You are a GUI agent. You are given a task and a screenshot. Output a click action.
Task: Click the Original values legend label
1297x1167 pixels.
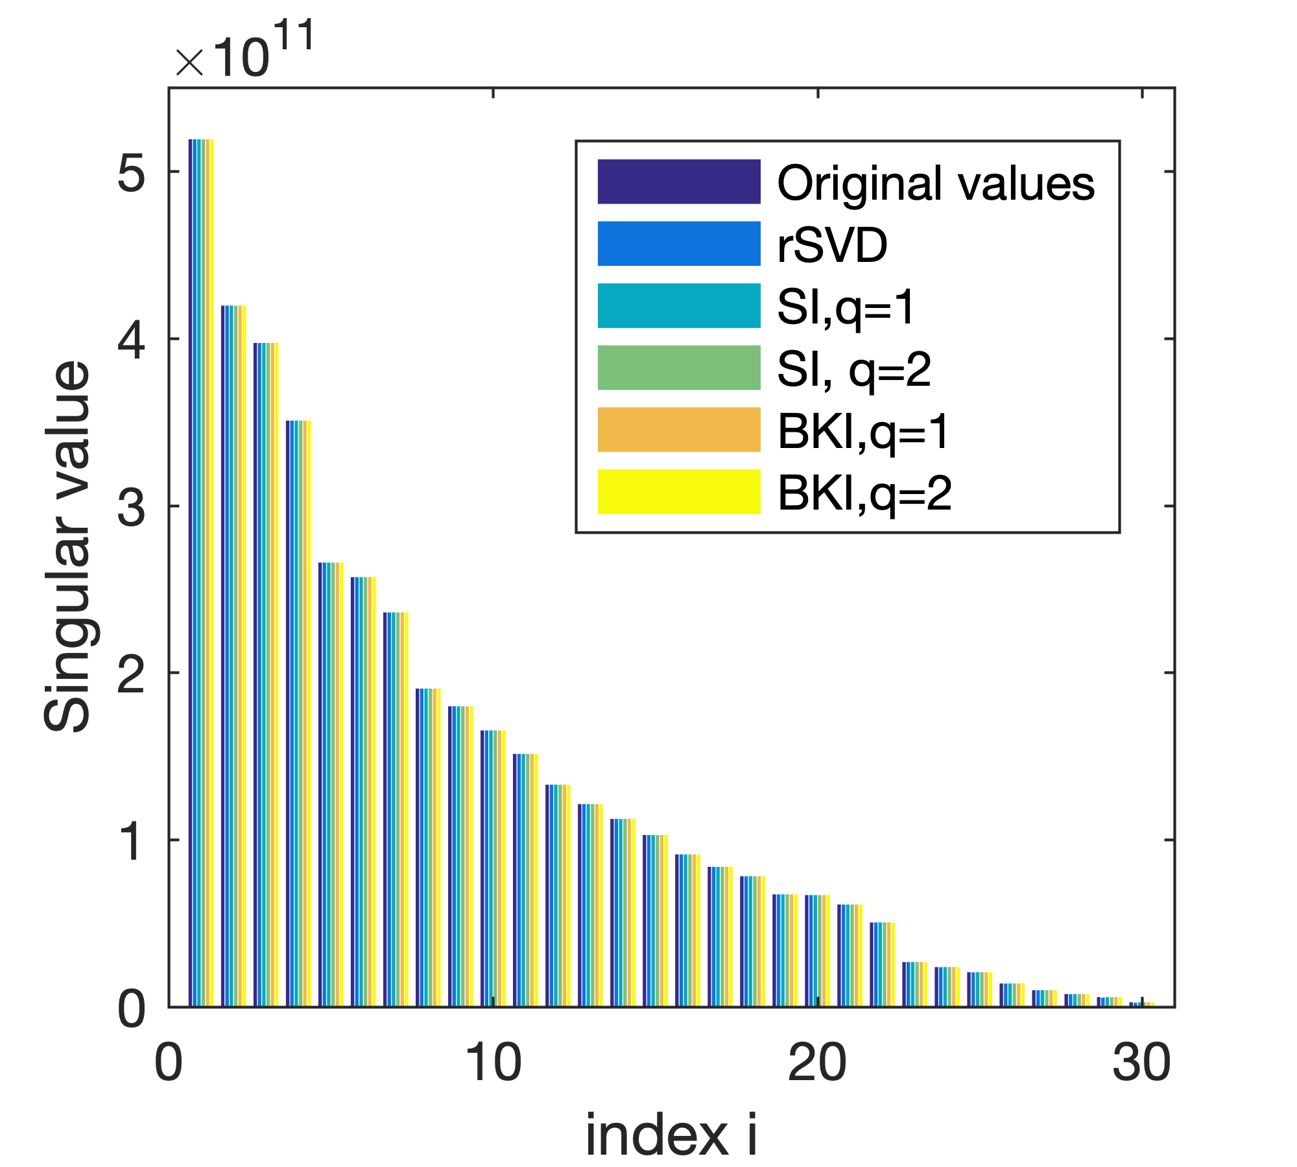pos(935,183)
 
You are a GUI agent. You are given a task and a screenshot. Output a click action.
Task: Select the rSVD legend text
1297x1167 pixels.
pos(832,246)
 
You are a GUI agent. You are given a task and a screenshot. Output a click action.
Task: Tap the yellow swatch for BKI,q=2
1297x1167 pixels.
pos(678,491)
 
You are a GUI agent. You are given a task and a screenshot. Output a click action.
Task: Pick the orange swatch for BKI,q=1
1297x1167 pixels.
pos(678,429)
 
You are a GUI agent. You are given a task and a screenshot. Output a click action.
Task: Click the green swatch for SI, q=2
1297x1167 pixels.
pos(678,368)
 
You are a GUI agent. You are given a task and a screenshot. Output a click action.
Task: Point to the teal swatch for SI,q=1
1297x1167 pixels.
pos(678,305)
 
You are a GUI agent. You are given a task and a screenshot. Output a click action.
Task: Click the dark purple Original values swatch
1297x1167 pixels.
pos(678,182)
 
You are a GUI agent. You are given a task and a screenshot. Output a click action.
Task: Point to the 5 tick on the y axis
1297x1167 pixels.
pos(132,172)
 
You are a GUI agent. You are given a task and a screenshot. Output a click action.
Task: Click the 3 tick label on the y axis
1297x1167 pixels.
pos(132,506)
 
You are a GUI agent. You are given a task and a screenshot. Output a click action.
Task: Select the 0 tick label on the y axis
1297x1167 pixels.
pos(132,1009)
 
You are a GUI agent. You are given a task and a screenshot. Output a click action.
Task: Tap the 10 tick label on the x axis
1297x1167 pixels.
pos(493,1064)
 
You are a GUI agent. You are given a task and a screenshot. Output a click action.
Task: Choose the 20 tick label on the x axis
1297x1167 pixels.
pos(817,1064)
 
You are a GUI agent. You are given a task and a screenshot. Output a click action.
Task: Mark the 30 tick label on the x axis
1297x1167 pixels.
pos(1141,1064)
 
